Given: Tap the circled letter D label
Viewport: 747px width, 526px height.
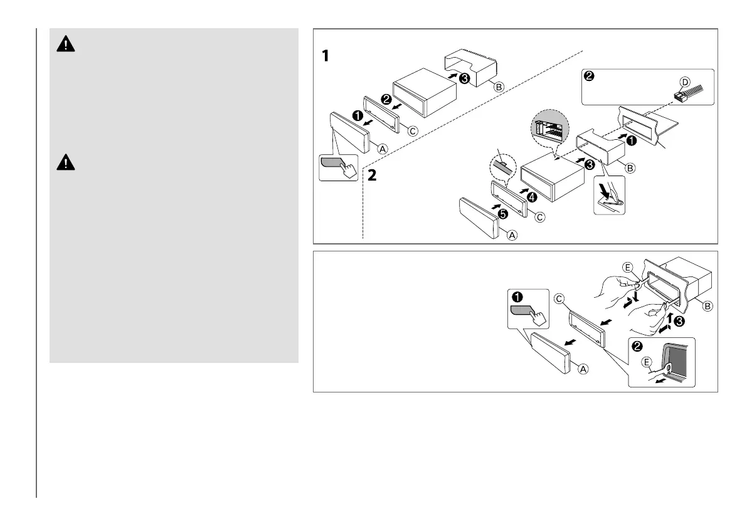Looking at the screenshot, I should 685,83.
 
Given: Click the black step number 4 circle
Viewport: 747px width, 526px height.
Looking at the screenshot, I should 531,196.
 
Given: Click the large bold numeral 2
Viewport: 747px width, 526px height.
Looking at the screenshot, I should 372,176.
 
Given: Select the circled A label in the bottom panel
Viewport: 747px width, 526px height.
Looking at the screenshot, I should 582,369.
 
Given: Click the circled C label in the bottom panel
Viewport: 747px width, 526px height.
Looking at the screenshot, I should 560,300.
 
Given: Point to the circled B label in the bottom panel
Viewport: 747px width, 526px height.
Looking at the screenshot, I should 707,307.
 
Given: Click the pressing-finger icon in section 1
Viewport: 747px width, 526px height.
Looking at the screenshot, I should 338,166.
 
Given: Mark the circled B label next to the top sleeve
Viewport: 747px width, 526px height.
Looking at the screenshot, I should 498,87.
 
